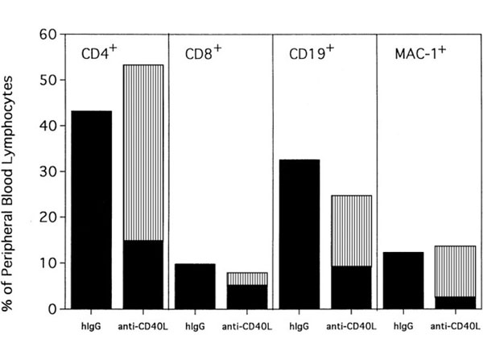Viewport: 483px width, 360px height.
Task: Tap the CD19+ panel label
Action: [308, 55]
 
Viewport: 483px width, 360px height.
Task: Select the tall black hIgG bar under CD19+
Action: [299, 234]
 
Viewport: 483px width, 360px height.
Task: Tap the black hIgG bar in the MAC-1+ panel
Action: [402, 280]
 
